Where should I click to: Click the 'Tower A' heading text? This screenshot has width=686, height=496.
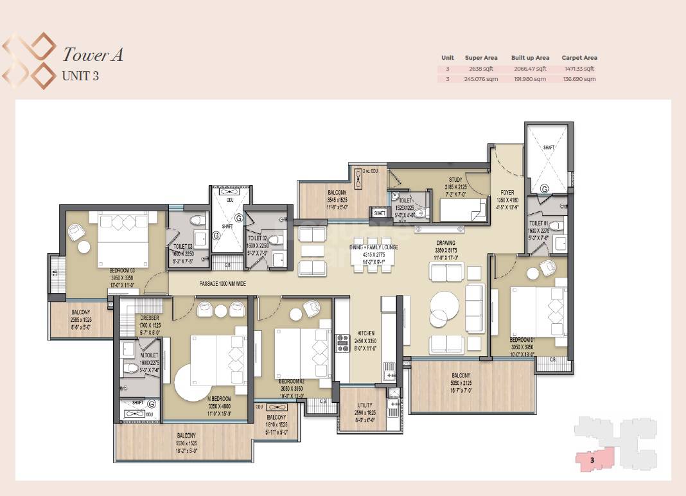[x=92, y=55]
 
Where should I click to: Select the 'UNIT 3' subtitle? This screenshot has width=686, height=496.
[x=80, y=75]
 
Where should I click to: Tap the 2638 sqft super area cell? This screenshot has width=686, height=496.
[x=481, y=69]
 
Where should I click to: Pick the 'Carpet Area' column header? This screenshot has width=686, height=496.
[x=579, y=58]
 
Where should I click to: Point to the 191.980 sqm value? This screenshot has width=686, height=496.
[x=530, y=79]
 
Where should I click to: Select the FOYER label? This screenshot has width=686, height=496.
[x=508, y=192]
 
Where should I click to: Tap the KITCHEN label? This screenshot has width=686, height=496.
[x=365, y=333]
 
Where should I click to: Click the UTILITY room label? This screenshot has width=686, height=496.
[x=365, y=405]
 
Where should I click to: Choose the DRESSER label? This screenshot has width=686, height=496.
[x=150, y=318]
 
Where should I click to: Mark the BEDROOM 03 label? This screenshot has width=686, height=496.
[x=122, y=270]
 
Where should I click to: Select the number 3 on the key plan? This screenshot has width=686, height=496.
[x=592, y=460]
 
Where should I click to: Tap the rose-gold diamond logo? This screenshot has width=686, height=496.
[x=29, y=61]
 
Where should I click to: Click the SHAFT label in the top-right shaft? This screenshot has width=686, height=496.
[x=548, y=147]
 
